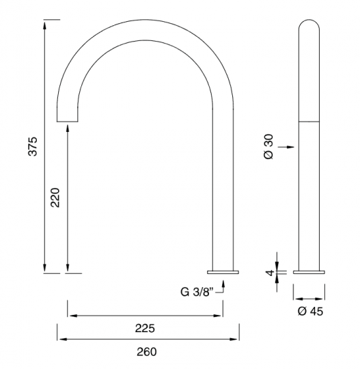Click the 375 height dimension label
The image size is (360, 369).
pyautogui.click(x=33, y=146)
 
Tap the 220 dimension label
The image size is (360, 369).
pyautogui.click(x=55, y=197)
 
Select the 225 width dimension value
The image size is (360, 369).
pyautogui.click(x=145, y=328)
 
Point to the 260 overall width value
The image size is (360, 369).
pyautogui.click(x=147, y=352)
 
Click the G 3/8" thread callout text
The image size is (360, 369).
pyautogui.click(x=197, y=292)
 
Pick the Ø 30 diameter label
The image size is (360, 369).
pyautogui.click(x=268, y=147)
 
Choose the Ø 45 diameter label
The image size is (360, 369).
pyautogui.click(x=310, y=312)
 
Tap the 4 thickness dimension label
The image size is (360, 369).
pyautogui.click(x=270, y=273)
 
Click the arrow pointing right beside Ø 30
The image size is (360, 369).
pyautogui.click(x=286, y=147)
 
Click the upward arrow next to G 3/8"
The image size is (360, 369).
pyautogui.click(x=223, y=286)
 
